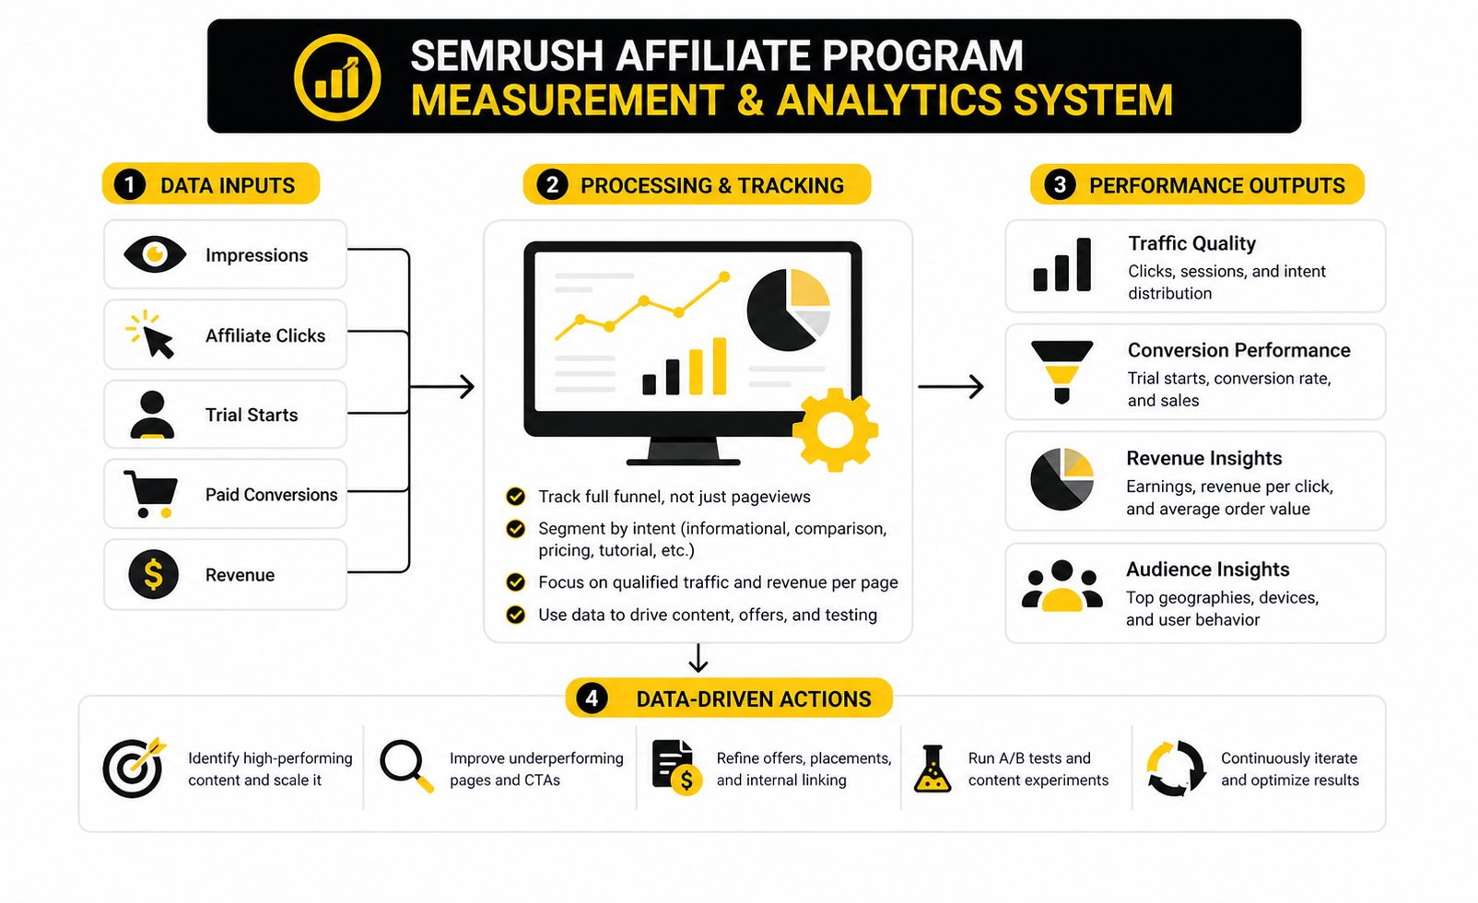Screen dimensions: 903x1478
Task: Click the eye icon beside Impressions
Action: (x=155, y=254)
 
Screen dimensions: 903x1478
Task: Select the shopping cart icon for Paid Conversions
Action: (x=151, y=494)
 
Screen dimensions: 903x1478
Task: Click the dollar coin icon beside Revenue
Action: (x=153, y=574)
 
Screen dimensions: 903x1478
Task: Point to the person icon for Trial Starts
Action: (x=152, y=415)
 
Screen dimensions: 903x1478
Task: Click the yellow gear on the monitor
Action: (x=835, y=429)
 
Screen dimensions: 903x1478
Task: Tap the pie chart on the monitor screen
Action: (x=788, y=310)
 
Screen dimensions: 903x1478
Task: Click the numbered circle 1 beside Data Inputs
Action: (x=130, y=185)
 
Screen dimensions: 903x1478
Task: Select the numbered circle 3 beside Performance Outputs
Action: (x=1060, y=185)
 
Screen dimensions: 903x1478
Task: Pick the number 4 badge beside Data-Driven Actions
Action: (x=592, y=698)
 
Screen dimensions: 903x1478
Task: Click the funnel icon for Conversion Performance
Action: (x=1062, y=371)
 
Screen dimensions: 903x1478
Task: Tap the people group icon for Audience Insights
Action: (x=1062, y=586)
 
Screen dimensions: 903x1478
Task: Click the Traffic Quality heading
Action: (x=1191, y=243)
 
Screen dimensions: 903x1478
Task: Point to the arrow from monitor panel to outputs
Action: (x=951, y=386)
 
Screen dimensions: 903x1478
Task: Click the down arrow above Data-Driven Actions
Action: (x=698, y=658)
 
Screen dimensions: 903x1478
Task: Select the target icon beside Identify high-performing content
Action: (x=135, y=767)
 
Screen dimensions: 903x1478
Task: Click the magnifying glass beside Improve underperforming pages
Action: (x=406, y=766)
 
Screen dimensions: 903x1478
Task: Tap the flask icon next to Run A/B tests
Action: (x=933, y=768)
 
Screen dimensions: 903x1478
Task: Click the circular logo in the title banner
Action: (x=337, y=77)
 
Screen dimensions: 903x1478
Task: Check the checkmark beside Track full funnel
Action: (x=516, y=497)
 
